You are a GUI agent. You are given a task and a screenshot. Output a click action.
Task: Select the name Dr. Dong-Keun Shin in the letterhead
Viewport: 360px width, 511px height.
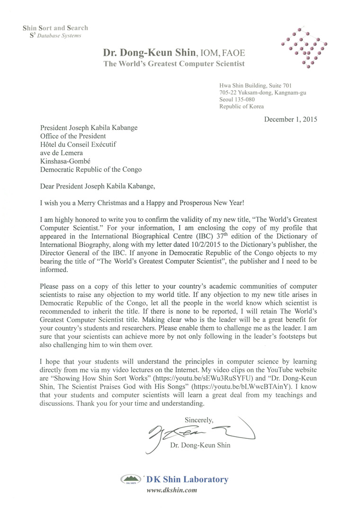pyautogui.click(x=146, y=53)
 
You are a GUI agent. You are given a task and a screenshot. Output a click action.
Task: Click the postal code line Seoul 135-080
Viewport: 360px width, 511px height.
pyautogui.click(x=237, y=100)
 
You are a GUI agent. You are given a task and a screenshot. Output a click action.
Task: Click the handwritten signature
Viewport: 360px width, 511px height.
pyautogui.click(x=199, y=431)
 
